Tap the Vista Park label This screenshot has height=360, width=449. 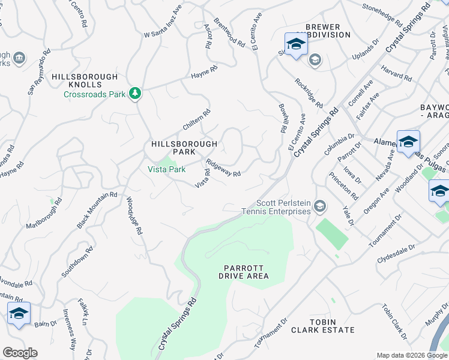167,169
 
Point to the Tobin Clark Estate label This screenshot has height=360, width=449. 323,326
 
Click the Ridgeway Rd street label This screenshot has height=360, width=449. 223,167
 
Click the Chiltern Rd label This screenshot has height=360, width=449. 197,119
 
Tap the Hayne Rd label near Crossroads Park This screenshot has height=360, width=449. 203,74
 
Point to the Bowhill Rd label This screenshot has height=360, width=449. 281,118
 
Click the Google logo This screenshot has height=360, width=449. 20,353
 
